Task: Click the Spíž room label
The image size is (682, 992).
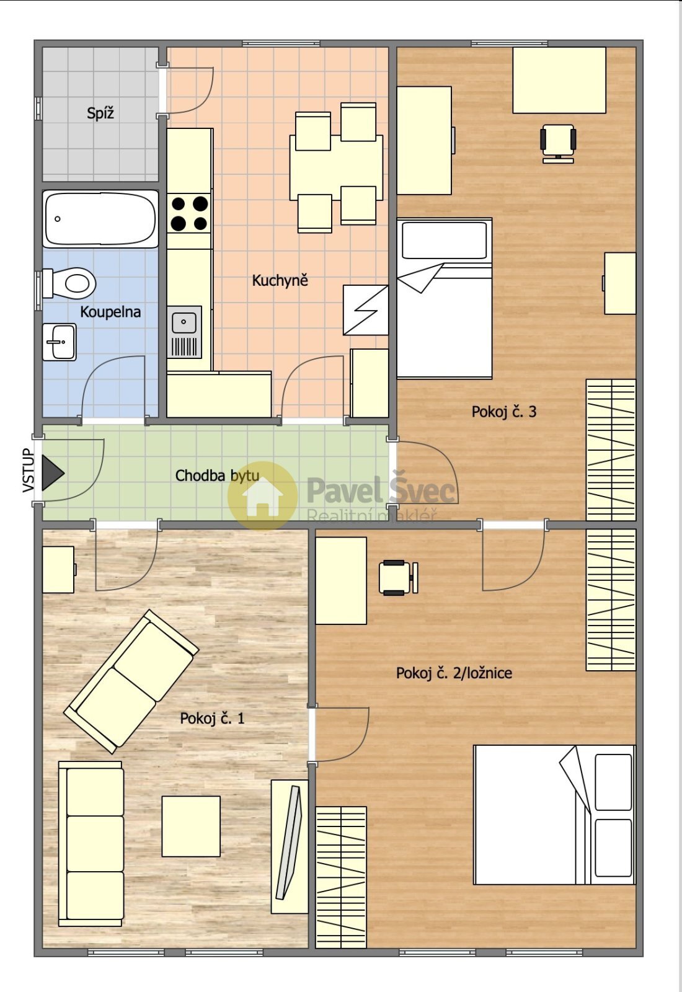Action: pyautogui.click(x=100, y=113)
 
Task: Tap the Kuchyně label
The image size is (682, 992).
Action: pyautogui.click(x=280, y=280)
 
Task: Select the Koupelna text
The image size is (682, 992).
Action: pyautogui.click(x=110, y=312)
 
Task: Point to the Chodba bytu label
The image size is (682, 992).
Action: pyautogui.click(x=217, y=476)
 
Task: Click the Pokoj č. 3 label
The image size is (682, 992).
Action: pyautogui.click(x=504, y=412)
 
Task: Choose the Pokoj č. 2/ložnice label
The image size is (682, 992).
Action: pyautogui.click(x=454, y=673)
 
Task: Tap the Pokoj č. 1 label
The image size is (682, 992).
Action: pyautogui.click(x=212, y=718)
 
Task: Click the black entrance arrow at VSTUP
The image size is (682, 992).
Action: pyautogui.click(x=53, y=473)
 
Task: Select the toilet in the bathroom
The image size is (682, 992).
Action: pyautogui.click(x=69, y=283)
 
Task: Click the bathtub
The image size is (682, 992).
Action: pyautogui.click(x=100, y=219)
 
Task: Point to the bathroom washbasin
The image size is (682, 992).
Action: pyautogui.click(x=60, y=342)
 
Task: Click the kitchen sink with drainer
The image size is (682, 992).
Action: pyautogui.click(x=184, y=332)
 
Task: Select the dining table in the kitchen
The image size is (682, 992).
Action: pyautogui.click(x=336, y=168)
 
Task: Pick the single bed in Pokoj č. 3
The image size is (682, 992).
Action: pyautogui.click(x=444, y=298)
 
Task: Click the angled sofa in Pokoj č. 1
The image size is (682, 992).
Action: pyautogui.click(x=131, y=682)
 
